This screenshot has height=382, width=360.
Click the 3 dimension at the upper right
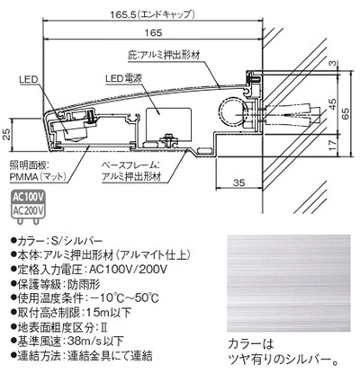click(x=332, y=62)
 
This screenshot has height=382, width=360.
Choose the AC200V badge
click(x=27, y=212)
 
